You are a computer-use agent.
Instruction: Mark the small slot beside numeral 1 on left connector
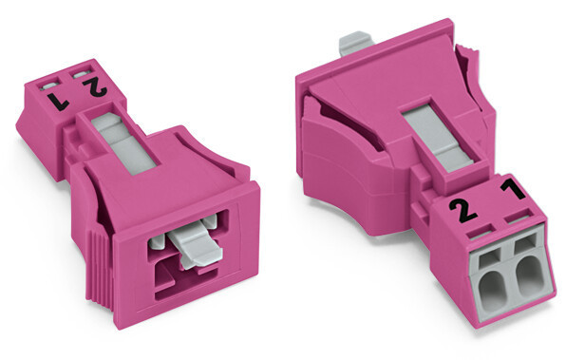[x=45, y=83]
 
